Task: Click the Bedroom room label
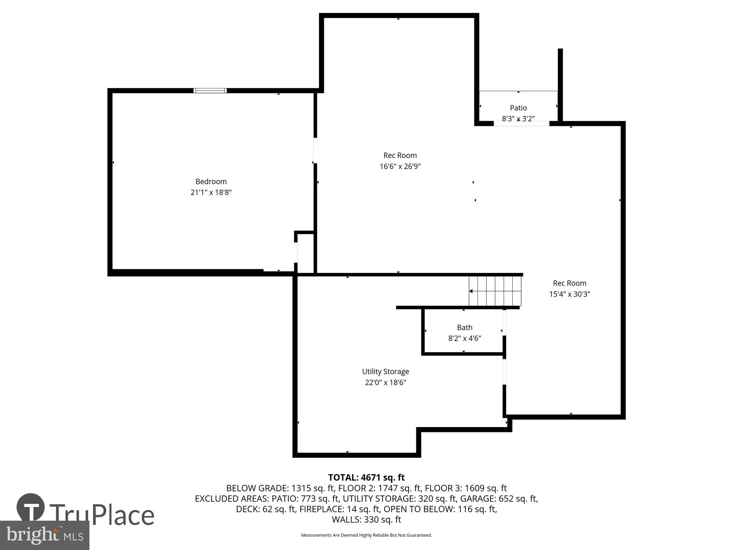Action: [x=211, y=181]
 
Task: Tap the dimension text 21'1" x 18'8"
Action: [x=211, y=192]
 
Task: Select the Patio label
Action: [x=518, y=108]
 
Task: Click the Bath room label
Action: [x=464, y=327]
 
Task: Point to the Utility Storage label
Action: [x=385, y=371]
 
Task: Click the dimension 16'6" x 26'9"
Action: [x=400, y=166]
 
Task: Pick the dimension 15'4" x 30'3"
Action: [x=569, y=294]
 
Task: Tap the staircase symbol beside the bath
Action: [x=495, y=291]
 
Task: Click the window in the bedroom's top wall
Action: [x=210, y=91]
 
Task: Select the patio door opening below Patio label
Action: [x=521, y=124]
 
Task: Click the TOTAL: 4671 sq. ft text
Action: [x=366, y=477]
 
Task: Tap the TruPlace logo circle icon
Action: [x=31, y=507]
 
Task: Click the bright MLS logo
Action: [x=45, y=535]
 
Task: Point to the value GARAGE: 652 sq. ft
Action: [x=499, y=499]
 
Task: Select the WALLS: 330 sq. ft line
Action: [x=366, y=520]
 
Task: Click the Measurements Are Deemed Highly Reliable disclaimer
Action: [x=366, y=535]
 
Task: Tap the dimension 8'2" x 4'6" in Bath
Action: [x=464, y=338]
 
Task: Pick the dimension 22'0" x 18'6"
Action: [x=385, y=382]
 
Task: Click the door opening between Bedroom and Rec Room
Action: [x=315, y=150]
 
